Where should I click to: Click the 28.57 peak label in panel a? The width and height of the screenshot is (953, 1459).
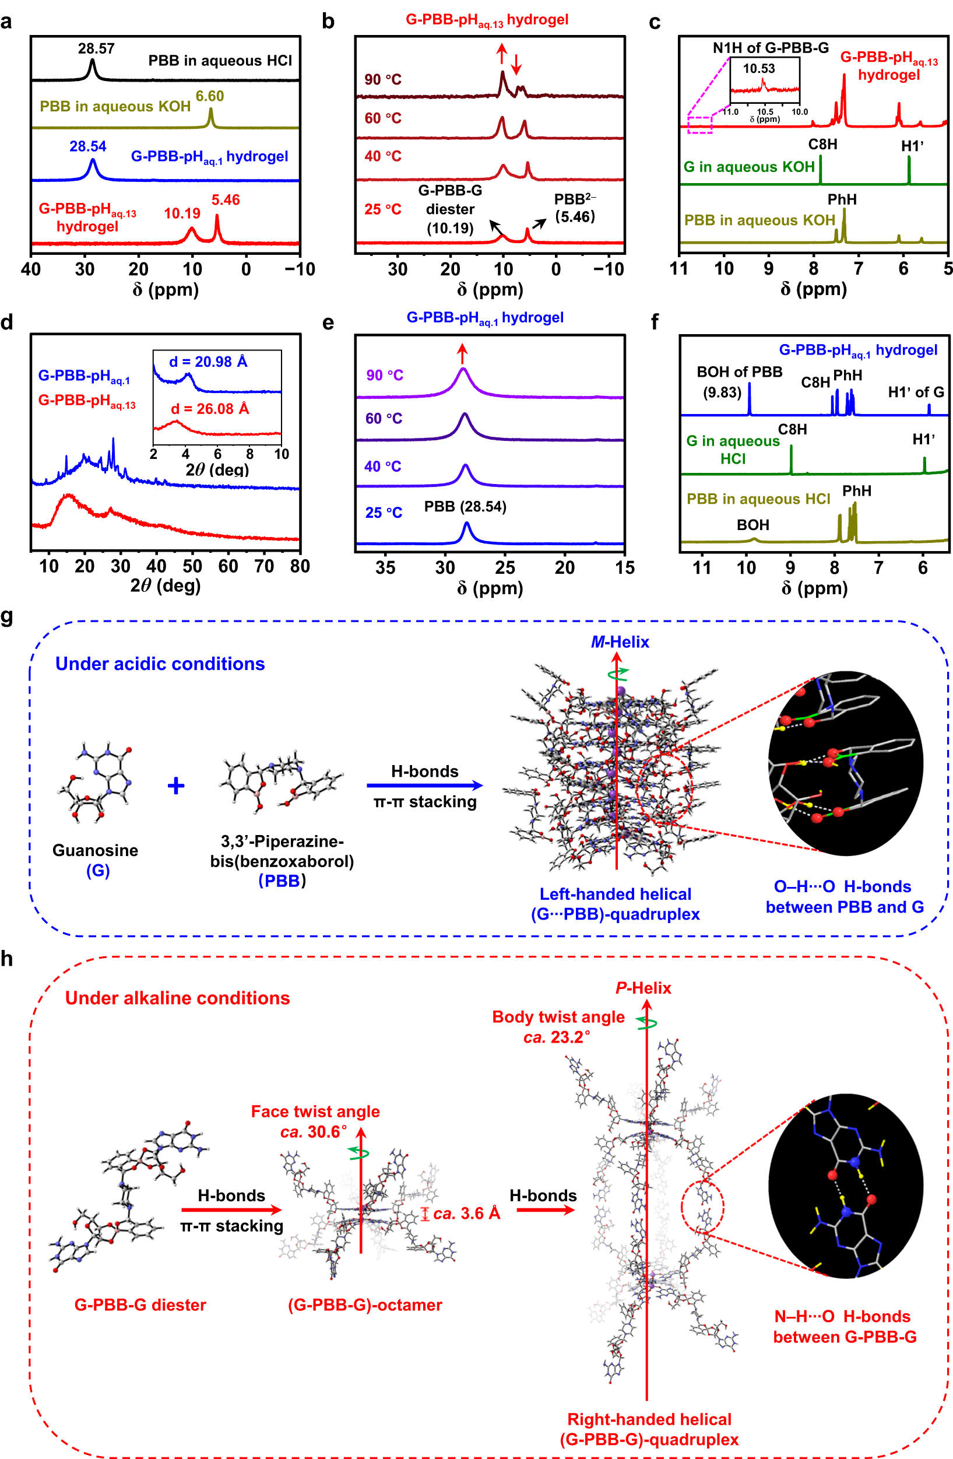click(x=96, y=48)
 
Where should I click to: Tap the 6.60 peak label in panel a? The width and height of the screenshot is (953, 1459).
click(x=210, y=96)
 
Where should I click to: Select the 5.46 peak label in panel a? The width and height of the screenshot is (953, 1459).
click(x=226, y=200)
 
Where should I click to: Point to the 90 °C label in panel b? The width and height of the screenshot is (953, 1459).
click(x=383, y=80)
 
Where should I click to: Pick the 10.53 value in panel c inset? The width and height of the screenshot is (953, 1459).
click(x=759, y=69)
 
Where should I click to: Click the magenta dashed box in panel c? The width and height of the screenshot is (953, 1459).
click(x=699, y=124)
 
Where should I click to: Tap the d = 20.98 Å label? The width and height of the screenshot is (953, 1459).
click(x=208, y=362)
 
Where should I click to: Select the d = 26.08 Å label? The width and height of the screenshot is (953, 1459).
click(x=210, y=409)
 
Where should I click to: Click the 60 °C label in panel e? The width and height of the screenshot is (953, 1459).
click(x=384, y=419)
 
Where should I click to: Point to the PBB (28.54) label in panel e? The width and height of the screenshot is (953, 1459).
click(x=465, y=507)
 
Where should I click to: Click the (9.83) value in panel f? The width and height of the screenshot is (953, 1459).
click(x=722, y=392)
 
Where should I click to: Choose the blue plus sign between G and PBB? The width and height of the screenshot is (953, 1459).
click(x=176, y=786)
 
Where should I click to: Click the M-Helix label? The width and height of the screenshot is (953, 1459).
click(x=620, y=642)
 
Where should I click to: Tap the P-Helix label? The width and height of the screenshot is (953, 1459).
click(x=643, y=988)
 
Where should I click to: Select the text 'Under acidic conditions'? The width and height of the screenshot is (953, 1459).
click(x=160, y=664)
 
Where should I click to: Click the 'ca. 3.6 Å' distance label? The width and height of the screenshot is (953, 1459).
click(x=466, y=1213)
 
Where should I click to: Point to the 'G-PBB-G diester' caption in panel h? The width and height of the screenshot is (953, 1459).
click(x=140, y=1304)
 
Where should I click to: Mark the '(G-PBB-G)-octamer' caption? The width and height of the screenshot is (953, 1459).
click(x=365, y=1304)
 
